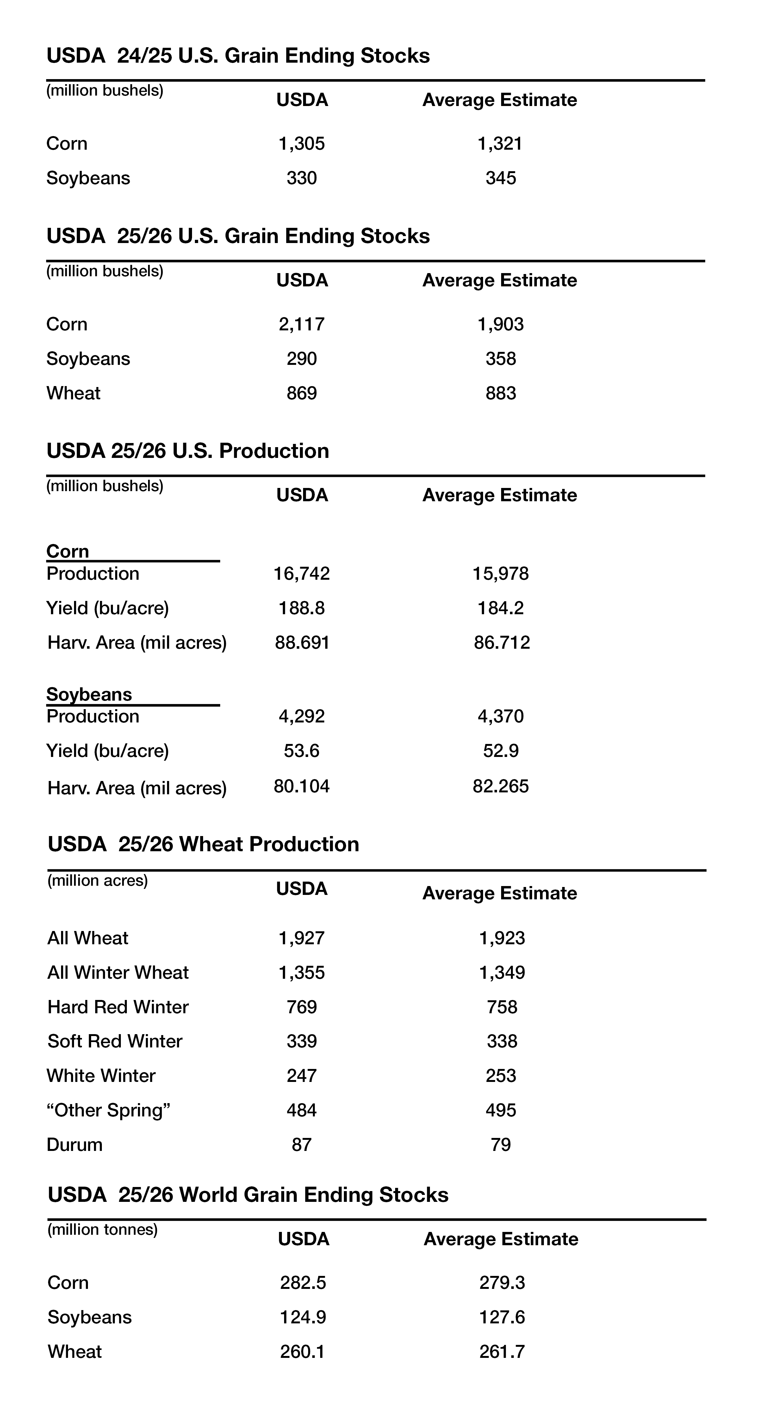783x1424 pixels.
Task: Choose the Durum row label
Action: point(75,1144)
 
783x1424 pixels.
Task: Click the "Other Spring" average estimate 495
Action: point(500,1110)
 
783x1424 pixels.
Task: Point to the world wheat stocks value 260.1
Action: point(302,1352)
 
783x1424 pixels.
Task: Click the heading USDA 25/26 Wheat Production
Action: point(203,844)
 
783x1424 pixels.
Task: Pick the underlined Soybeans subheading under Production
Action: point(89,694)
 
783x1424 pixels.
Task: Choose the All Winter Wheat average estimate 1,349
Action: point(502,972)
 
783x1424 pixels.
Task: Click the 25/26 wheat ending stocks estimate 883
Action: point(500,393)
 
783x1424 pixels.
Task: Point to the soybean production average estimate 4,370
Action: point(500,716)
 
